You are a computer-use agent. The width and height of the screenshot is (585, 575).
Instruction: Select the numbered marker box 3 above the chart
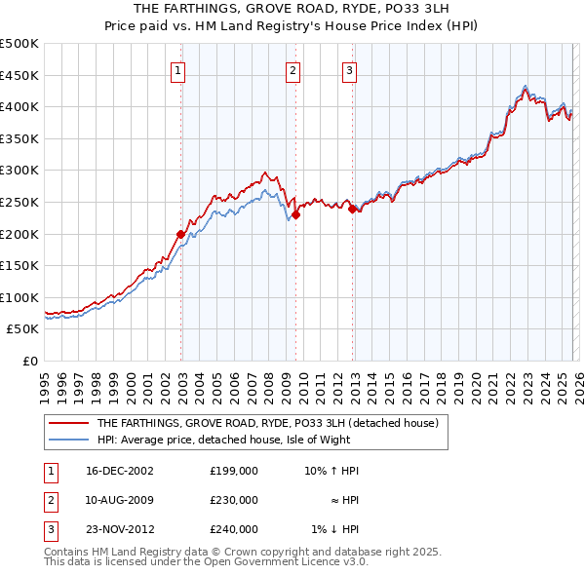pos(349,69)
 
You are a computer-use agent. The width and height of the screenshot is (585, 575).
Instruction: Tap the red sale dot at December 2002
pos(181,234)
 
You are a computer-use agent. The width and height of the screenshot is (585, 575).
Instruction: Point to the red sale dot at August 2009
pos(295,214)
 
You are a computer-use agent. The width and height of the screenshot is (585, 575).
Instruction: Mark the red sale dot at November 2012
pos(352,208)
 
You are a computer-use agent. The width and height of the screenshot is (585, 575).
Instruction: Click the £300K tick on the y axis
pos(19,171)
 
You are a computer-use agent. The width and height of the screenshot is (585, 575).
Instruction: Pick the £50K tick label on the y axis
pos(23,329)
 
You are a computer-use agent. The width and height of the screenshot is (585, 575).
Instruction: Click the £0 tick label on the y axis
pos(30,362)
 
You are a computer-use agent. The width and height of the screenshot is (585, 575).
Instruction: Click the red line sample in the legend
pos(68,423)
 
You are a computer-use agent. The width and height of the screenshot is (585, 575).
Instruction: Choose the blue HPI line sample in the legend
pos(68,440)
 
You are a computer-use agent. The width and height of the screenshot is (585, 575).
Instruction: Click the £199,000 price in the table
pos(234,470)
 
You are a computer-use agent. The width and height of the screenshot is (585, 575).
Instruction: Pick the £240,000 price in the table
pos(234,530)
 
